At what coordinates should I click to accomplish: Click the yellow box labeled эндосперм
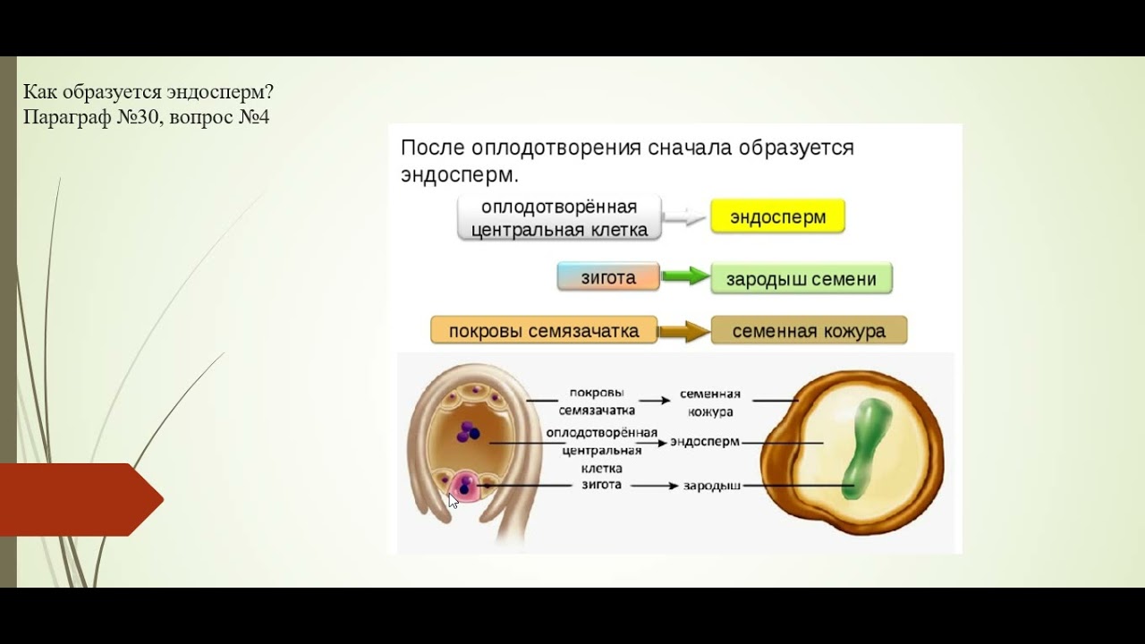777,216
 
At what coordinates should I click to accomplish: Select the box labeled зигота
608,277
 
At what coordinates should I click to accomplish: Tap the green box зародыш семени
801,279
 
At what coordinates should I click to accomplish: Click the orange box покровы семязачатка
544,331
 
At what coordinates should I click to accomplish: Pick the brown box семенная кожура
809,331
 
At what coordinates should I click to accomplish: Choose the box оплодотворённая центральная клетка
559,218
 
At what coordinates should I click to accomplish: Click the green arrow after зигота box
686,277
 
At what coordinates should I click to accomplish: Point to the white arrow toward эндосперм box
686,217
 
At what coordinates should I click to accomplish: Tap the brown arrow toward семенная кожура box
684,331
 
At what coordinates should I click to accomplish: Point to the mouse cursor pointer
454,501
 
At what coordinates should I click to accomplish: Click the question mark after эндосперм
269,93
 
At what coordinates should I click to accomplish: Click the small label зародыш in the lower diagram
711,486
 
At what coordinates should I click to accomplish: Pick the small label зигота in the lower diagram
601,485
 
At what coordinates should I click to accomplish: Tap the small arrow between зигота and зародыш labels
656,486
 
